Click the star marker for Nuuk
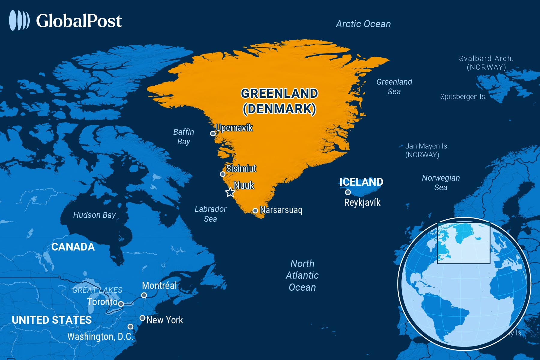pyautogui.click(x=230, y=192)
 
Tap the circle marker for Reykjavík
pyautogui.click(x=348, y=192)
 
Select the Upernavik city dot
pyautogui.click(x=213, y=133)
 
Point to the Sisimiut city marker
pyautogui.click(x=223, y=174)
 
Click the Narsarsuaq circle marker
pyautogui.click(x=255, y=211)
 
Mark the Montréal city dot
pyautogui.click(x=144, y=295)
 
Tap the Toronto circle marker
pyautogui.click(x=121, y=304)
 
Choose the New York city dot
pyautogui.click(x=142, y=318)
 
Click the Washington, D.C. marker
pyautogui.click(x=130, y=326)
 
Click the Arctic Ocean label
pyautogui.click(x=363, y=24)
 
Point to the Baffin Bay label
pyautogui.click(x=184, y=136)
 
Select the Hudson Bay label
pyautogui.click(x=94, y=215)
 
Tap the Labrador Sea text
pyautogui.click(x=210, y=214)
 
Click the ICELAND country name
pyautogui.click(x=361, y=182)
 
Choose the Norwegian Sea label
pyautogui.click(x=441, y=182)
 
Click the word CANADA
pyautogui.click(x=73, y=247)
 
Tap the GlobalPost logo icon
pyautogui.click(x=19, y=20)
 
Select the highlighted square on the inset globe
pyautogui.click(x=463, y=243)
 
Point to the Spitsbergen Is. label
pyautogui.click(x=463, y=97)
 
